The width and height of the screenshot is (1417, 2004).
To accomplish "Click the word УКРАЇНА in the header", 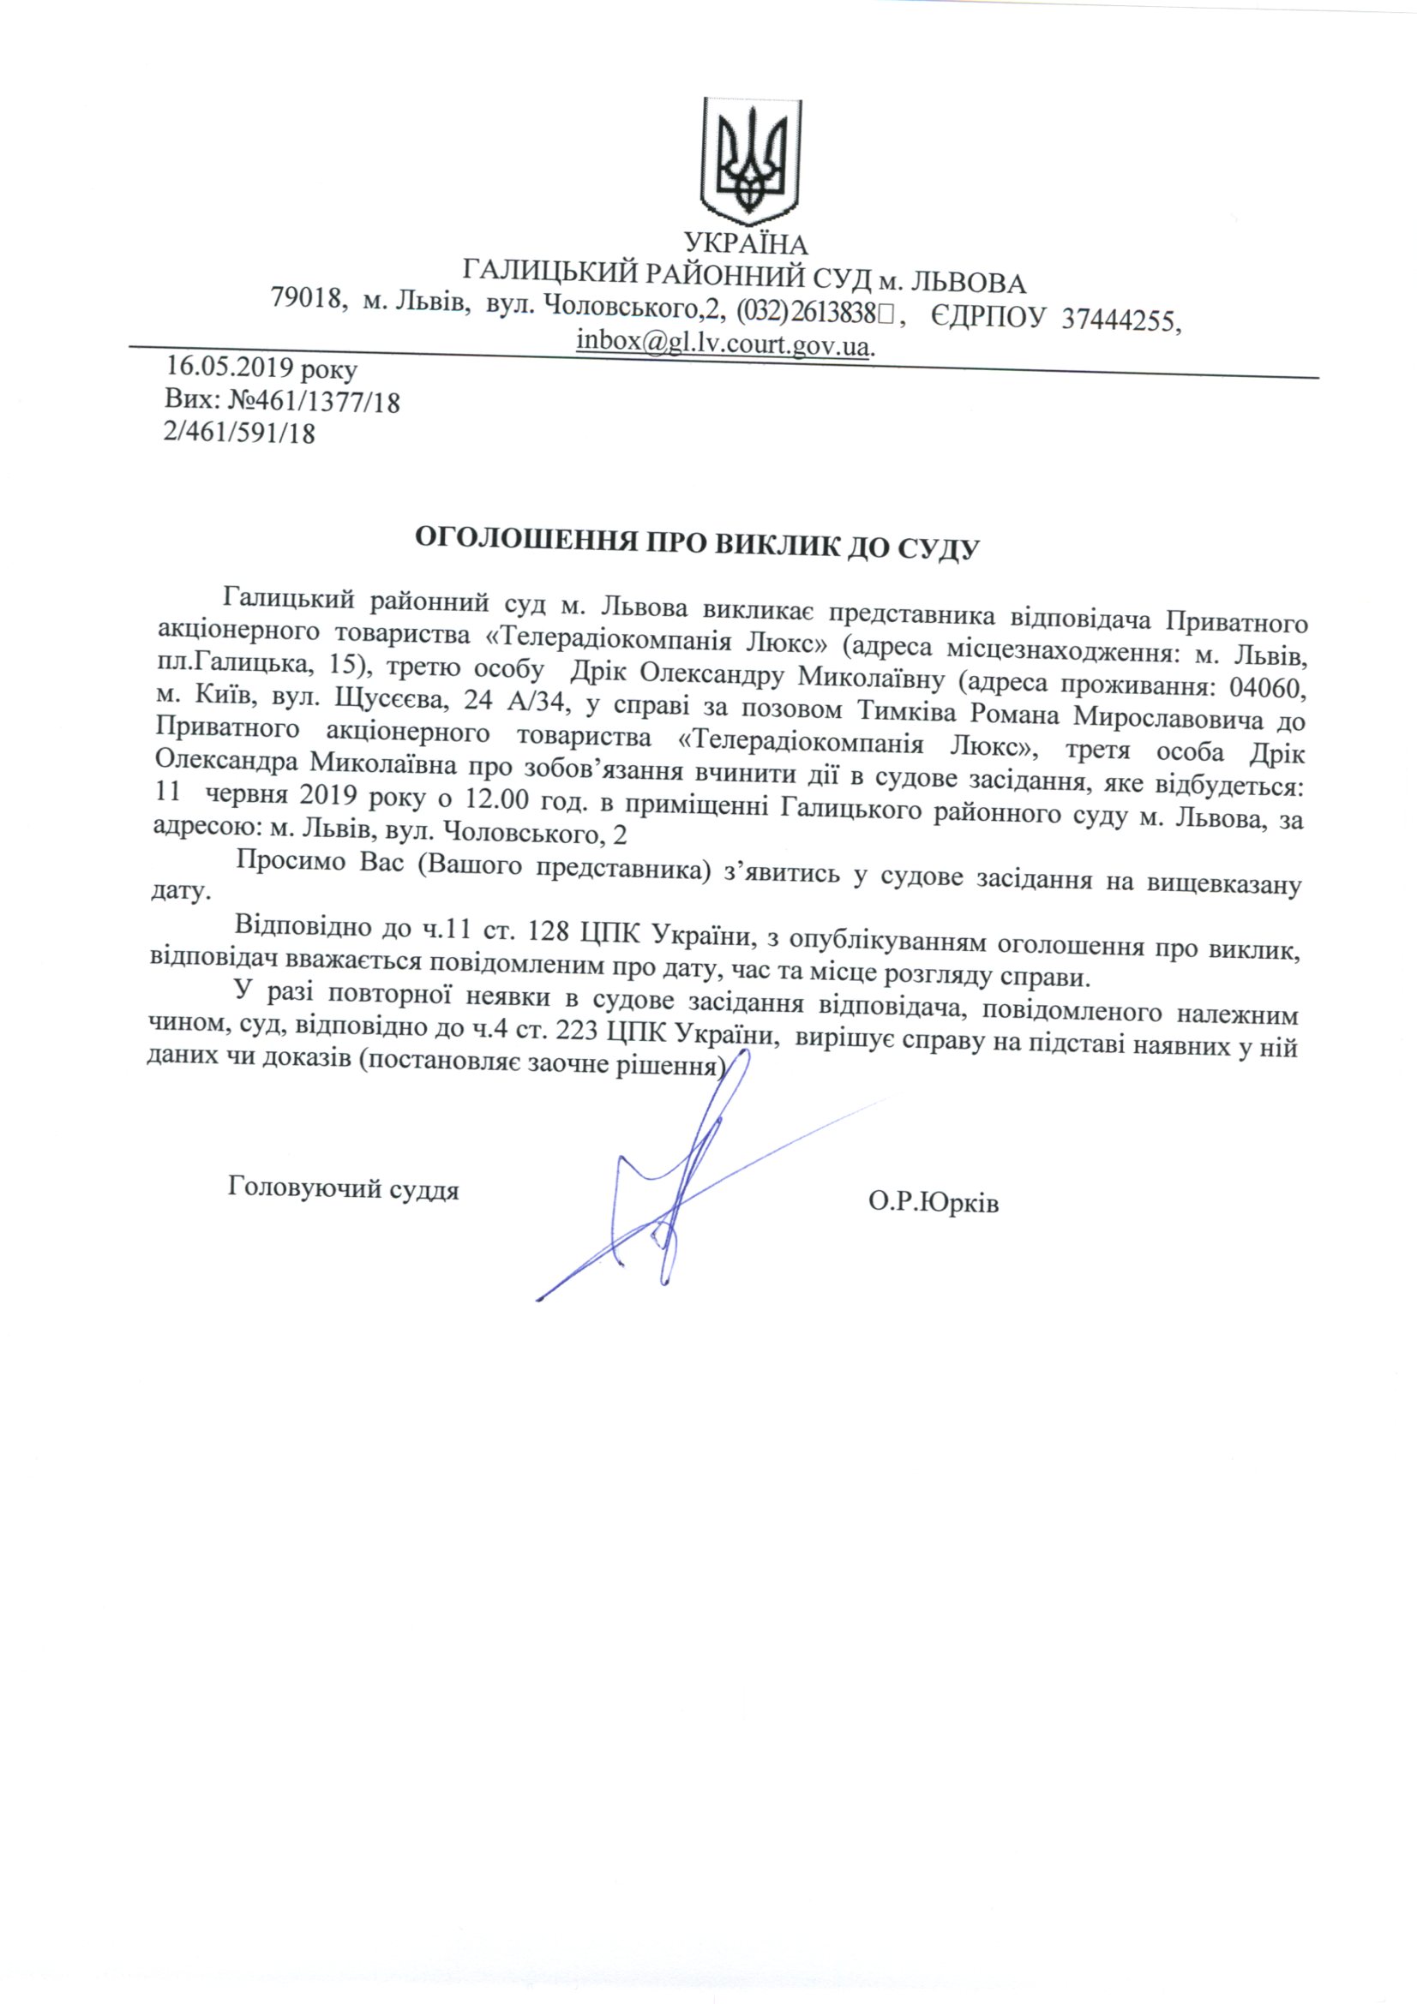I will tap(747, 242).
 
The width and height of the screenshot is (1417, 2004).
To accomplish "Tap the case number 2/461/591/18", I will tap(239, 433).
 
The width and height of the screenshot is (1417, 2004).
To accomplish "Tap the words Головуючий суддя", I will tap(343, 1187).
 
